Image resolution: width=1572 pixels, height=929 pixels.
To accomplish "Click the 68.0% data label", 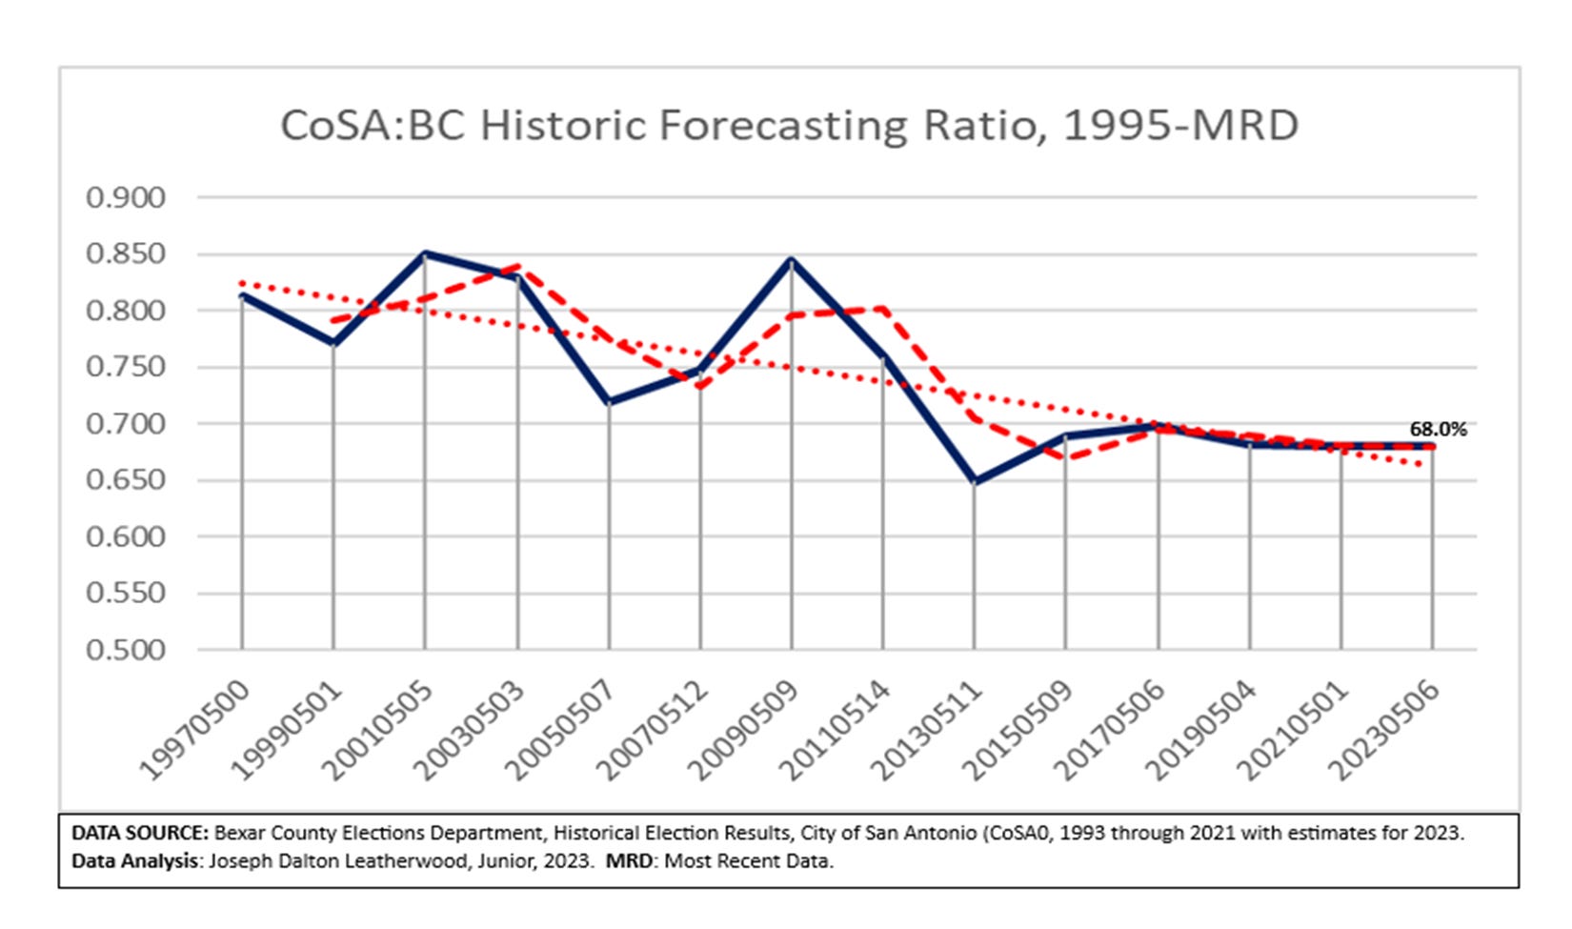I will coord(1438,430).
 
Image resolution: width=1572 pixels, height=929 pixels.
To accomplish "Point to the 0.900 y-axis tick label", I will coord(126,198).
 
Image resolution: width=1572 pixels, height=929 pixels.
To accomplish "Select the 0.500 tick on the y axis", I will coord(126,650).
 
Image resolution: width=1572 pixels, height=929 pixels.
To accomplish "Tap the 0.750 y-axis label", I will coord(126,367).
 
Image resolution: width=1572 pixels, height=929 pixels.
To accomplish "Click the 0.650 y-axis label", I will coord(126,480).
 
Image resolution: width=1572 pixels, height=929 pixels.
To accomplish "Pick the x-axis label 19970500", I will coord(195,730).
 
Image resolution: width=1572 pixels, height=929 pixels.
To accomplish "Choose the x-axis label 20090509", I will coord(745,730).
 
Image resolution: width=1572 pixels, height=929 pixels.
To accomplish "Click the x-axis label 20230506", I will coord(1386,730).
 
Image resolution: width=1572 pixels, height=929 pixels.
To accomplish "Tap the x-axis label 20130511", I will coord(928,730).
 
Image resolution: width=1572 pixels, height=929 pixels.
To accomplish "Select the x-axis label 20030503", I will coord(471,730).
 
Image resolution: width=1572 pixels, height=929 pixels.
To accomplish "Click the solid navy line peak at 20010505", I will coord(426,254).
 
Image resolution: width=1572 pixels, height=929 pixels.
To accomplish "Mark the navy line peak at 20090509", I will coord(792,260).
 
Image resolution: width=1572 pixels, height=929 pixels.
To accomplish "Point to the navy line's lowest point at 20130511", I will coord(976,481).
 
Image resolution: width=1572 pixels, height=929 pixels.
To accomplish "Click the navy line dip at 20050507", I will coord(609,402).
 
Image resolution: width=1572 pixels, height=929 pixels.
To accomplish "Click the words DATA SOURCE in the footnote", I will coord(139,833).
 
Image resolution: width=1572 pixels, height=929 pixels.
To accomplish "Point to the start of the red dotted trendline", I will coord(242,283).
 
